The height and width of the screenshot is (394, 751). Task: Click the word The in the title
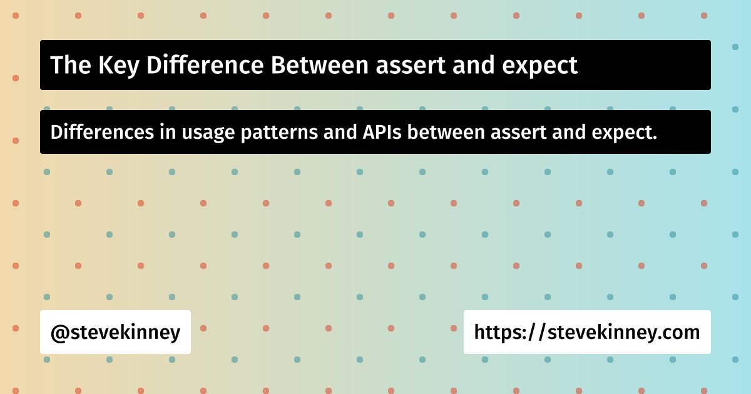click(x=71, y=64)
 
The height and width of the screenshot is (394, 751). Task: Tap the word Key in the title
click(x=119, y=66)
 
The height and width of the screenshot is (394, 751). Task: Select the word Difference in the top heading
click(x=205, y=64)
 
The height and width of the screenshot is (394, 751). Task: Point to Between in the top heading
click(x=320, y=64)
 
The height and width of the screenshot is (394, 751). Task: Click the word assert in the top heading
click(x=411, y=65)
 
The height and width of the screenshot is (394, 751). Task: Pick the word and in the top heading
click(x=473, y=64)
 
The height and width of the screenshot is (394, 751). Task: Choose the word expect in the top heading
click(x=539, y=67)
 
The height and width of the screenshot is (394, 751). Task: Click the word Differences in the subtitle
click(x=102, y=132)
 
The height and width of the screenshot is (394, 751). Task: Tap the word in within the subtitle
click(x=168, y=132)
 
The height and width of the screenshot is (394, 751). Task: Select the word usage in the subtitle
click(x=208, y=134)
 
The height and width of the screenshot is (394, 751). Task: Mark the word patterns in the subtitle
click(x=279, y=133)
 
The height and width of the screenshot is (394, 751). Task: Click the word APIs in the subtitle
click(x=382, y=132)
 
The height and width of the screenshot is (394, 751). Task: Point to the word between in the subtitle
click(x=446, y=132)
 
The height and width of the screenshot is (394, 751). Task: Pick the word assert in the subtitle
click(x=519, y=133)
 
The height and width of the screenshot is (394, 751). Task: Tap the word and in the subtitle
click(x=569, y=132)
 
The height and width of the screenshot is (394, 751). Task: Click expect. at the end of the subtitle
click(x=625, y=133)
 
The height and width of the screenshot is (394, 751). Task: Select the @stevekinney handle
click(x=115, y=332)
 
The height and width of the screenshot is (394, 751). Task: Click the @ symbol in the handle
click(x=60, y=333)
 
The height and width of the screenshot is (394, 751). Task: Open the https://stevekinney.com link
click(x=587, y=332)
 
